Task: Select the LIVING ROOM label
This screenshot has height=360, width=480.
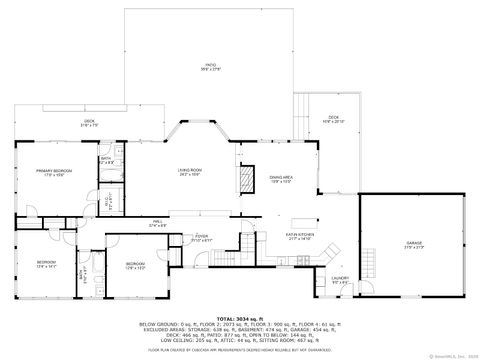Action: [x=191, y=172]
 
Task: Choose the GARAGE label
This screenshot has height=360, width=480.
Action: [x=414, y=244]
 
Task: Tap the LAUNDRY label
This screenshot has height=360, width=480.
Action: [x=340, y=279]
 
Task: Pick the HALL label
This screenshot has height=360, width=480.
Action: [x=158, y=223]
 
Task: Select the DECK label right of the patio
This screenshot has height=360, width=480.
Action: [x=334, y=118]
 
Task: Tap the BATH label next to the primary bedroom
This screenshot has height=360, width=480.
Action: [x=106, y=159]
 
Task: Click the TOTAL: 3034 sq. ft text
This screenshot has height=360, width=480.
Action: [x=240, y=317]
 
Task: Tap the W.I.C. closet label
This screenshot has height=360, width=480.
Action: [x=107, y=201]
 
